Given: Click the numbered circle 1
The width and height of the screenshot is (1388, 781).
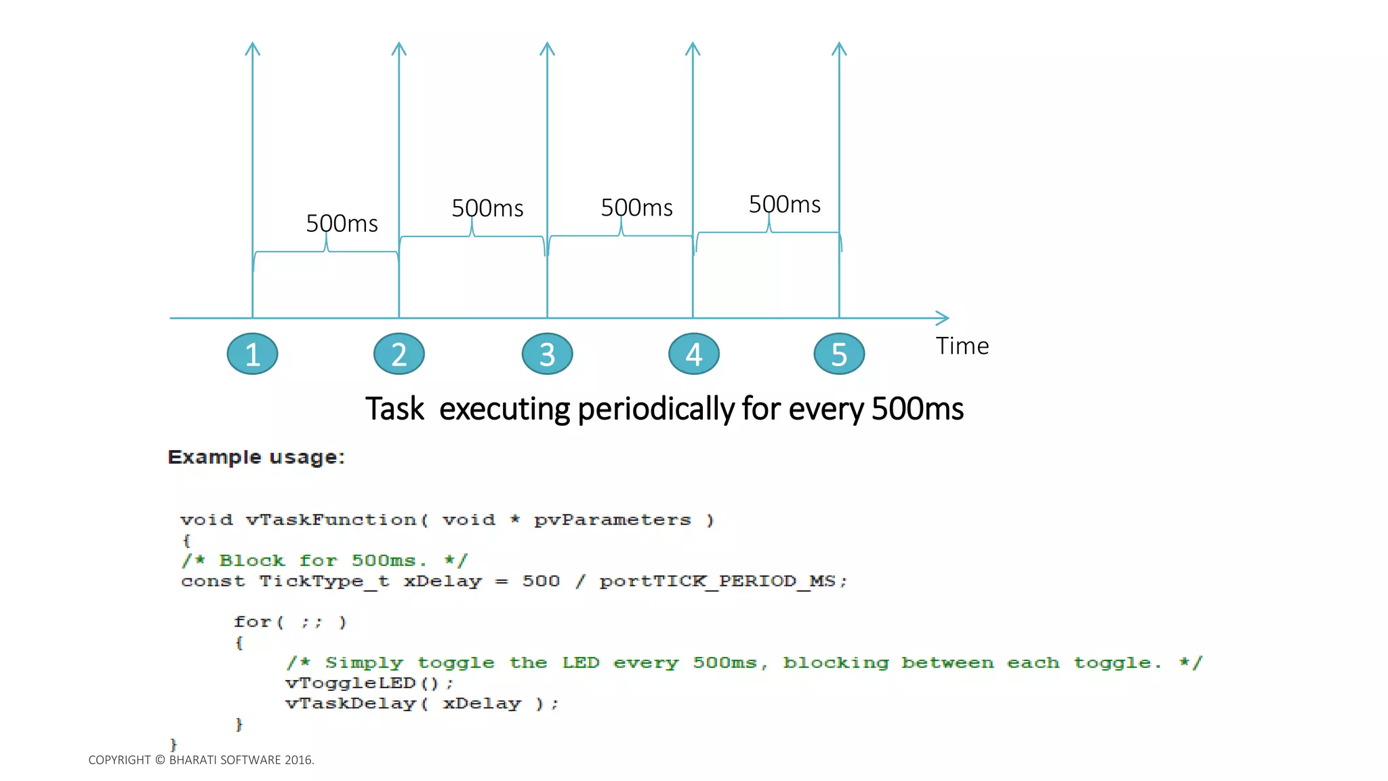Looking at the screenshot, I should [252, 354].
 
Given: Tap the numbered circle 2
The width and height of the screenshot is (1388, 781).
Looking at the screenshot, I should [399, 354].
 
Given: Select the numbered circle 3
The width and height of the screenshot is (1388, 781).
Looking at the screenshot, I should [547, 354].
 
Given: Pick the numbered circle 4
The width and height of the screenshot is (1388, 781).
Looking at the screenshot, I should [693, 354].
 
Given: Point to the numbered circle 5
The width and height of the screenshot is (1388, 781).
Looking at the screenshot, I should [839, 354].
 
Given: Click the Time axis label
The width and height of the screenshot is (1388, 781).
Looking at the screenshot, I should [962, 346].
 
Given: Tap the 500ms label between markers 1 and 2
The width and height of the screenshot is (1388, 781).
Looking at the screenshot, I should [342, 224].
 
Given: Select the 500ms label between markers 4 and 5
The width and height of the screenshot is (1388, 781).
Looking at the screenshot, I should [784, 205].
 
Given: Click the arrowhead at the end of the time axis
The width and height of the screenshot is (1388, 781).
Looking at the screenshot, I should [944, 318].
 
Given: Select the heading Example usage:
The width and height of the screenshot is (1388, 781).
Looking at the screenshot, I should [256, 458].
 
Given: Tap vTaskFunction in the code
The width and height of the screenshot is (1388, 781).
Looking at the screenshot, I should [331, 520].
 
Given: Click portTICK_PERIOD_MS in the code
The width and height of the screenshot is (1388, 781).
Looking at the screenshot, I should [722, 581].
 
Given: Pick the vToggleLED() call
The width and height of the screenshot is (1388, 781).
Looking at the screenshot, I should [369, 683].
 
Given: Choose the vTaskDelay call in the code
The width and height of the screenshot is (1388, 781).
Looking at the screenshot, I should [421, 704].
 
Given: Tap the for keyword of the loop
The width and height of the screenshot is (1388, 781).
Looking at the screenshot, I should [251, 622].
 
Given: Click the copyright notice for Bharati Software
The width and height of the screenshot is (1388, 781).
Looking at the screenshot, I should [201, 760].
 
